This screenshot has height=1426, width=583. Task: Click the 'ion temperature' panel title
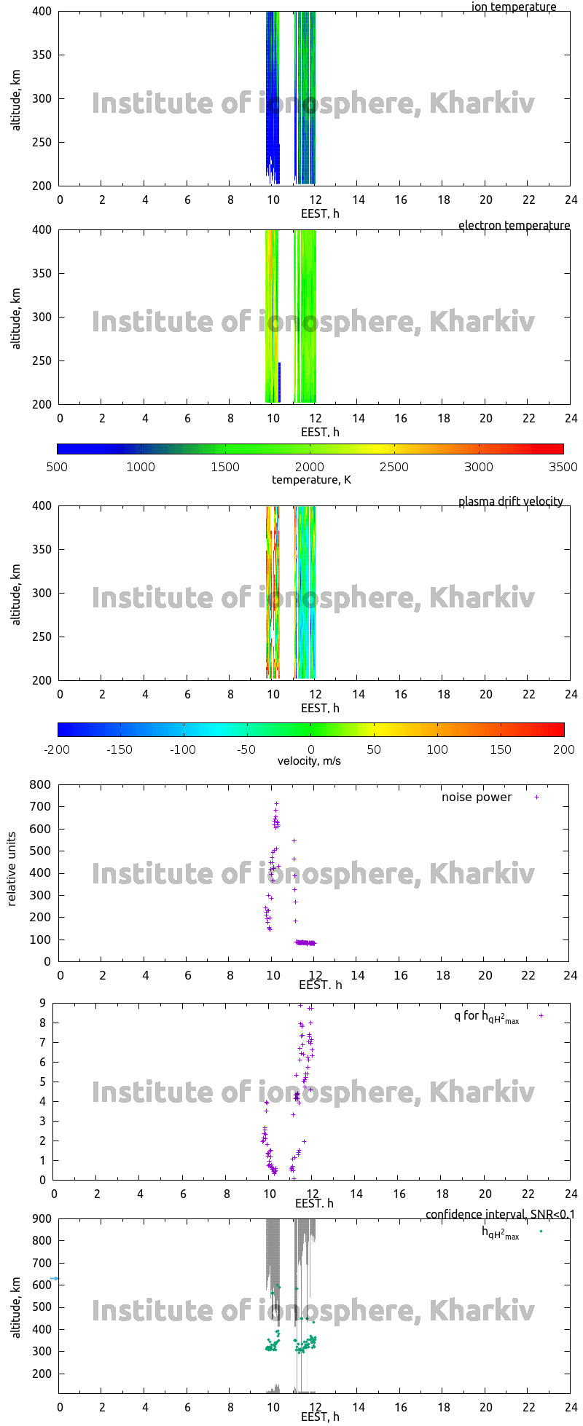pyautogui.click(x=514, y=7)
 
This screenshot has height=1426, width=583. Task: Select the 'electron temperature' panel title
pyautogui.click(x=514, y=226)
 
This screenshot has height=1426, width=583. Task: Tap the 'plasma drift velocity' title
pyautogui.click(x=510, y=502)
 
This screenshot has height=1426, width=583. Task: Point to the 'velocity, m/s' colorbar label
pyautogui.click(x=309, y=761)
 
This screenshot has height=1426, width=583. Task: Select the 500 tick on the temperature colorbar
pyautogui.click(x=57, y=467)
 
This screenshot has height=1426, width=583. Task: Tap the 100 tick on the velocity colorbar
pyautogui.click(x=437, y=749)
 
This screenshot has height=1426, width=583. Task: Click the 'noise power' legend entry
pyautogui.click(x=477, y=797)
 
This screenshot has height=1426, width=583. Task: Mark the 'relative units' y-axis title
pyautogui.click(x=12, y=873)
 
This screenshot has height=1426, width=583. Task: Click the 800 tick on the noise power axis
pyautogui.click(x=40, y=785)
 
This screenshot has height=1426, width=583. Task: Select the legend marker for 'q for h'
pyautogui.click(x=541, y=1015)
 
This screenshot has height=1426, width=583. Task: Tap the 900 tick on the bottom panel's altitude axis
pyautogui.click(x=40, y=1219)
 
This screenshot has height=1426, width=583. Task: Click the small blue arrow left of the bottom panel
pyautogui.click(x=54, y=1279)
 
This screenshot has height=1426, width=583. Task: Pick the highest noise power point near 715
pyautogui.click(x=276, y=804)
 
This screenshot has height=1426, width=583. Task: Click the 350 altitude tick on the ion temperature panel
pyautogui.click(x=40, y=55)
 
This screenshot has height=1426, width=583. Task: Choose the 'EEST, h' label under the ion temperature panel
pyautogui.click(x=320, y=214)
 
